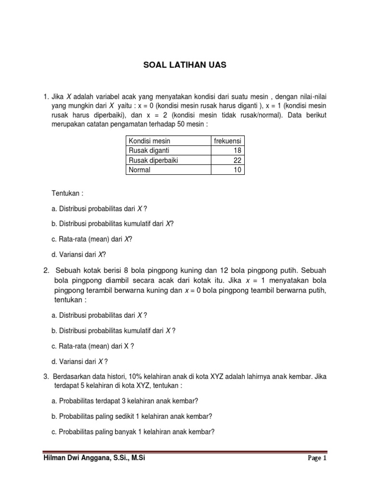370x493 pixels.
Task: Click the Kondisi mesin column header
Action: (x=149, y=141)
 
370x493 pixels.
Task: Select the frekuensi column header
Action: (x=228, y=141)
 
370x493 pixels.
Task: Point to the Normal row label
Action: (x=139, y=170)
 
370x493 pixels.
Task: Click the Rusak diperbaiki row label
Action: (x=153, y=160)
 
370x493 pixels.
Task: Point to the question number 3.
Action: (x=45, y=376)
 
